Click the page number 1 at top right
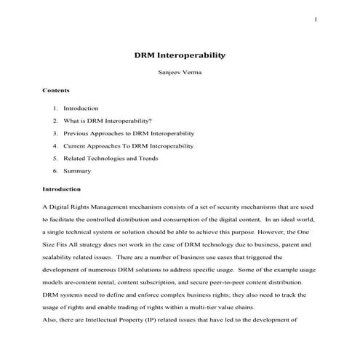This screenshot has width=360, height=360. [x=316, y=19]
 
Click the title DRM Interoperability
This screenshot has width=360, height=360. [x=180, y=55]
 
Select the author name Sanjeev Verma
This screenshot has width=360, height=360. [x=180, y=73]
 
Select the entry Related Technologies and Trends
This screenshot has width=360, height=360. [x=111, y=158]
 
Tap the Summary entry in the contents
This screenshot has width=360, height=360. [x=77, y=171]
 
